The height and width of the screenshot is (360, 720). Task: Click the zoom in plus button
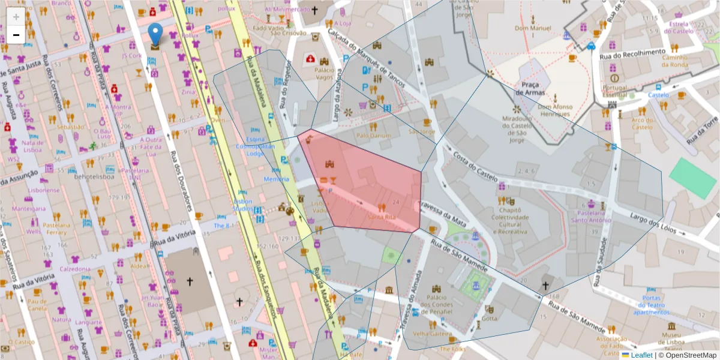point(16,17)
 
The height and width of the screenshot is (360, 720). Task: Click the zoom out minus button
point(16,35)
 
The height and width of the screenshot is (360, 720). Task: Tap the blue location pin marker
point(155,35)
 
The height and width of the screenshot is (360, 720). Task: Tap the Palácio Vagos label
point(324,74)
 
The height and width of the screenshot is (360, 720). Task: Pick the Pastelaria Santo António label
point(591,217)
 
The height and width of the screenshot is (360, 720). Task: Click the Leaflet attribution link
point(641,355)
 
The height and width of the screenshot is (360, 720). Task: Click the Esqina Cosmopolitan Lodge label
point(259,146)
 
